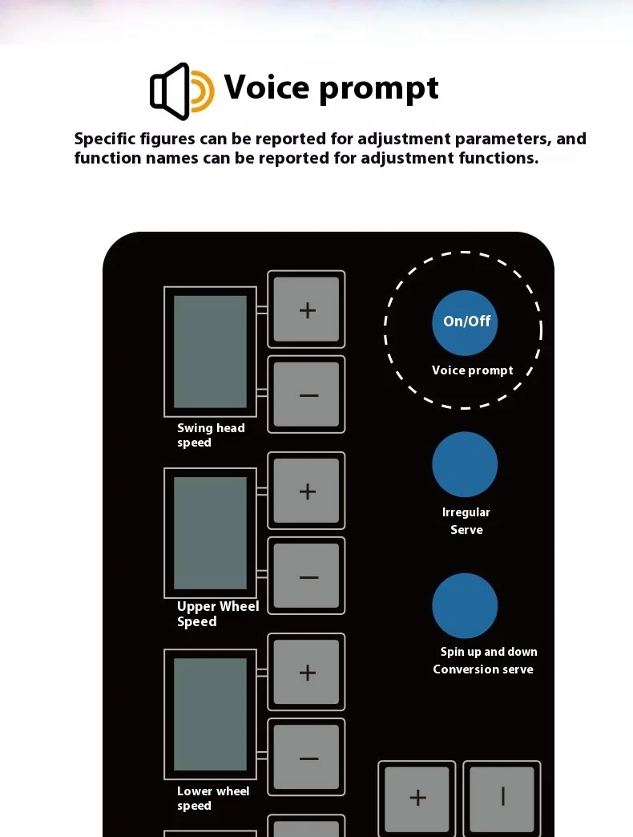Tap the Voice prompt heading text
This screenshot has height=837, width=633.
(x=331, y=87)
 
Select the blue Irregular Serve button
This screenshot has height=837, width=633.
(x=465, y=464)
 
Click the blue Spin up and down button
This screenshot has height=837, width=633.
(x=465, y=606)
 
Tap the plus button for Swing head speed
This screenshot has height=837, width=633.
(x=307, y=310)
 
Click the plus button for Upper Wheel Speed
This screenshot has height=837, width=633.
(x=307, y=491)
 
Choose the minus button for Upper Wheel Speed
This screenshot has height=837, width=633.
(x=307, y=576)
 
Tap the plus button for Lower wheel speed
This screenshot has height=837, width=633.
(x=307, y=673)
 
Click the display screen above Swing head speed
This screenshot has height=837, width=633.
(x=210, y=351)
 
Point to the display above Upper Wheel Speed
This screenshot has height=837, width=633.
(x=210, y=533)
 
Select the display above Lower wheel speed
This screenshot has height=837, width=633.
(x=210, y=714)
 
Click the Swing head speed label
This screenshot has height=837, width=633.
(x=210, y=435)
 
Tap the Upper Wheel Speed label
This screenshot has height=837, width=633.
(x=217, y=614)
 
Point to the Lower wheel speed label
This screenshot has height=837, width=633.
(x=212, y=799)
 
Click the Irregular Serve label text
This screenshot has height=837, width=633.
(x=466, y=521)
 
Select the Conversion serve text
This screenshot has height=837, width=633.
(x=483, y=669)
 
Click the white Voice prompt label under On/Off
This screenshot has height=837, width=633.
(x=472, y=370)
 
